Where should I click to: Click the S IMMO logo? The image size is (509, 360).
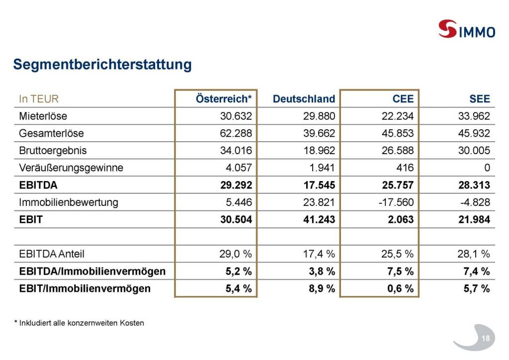(x=466, y=29)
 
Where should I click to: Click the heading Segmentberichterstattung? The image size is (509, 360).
(x=102, y=65)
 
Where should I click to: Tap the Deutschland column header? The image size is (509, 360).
(x=304, y=98)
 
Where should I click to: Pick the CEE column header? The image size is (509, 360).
(x=403, y=98)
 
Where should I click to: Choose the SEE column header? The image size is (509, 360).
(x=479, y=98)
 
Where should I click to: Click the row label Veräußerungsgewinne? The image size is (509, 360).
(x=71, y=168)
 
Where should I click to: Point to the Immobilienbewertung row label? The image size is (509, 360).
(x=69, y=202)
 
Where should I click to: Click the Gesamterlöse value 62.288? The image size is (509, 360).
(x=236, y=134)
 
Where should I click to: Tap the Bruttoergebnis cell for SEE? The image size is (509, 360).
(x=474, y=151)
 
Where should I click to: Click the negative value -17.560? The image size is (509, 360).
(x=396, y=202)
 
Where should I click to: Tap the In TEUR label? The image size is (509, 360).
(x=39, y=98)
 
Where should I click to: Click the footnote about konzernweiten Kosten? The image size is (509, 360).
(x=79, y=323)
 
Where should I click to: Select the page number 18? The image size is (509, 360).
(x=486, y=339)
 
